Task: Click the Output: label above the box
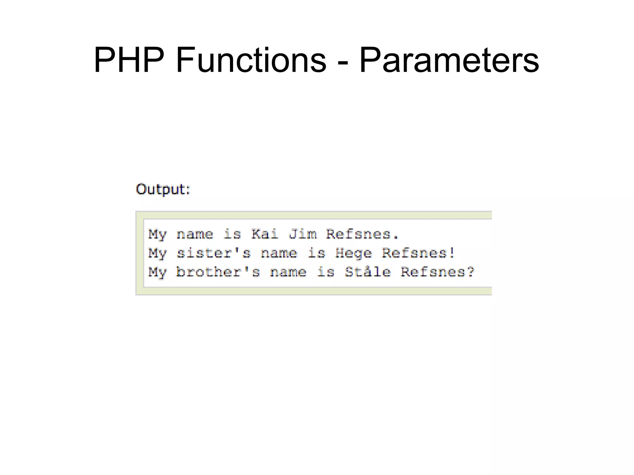(163, 189)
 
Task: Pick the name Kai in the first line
(265, 234)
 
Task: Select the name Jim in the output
(302, 234)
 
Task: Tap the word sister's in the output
(213, 253)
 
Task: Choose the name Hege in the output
(354, 253)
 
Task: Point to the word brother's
(218, 272)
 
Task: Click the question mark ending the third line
(471, 272)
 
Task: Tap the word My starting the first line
(157, 234)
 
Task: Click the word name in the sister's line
(279, 253)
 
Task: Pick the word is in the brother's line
(326, 272)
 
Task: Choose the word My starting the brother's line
(157, 272)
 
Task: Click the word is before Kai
(232, 234)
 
